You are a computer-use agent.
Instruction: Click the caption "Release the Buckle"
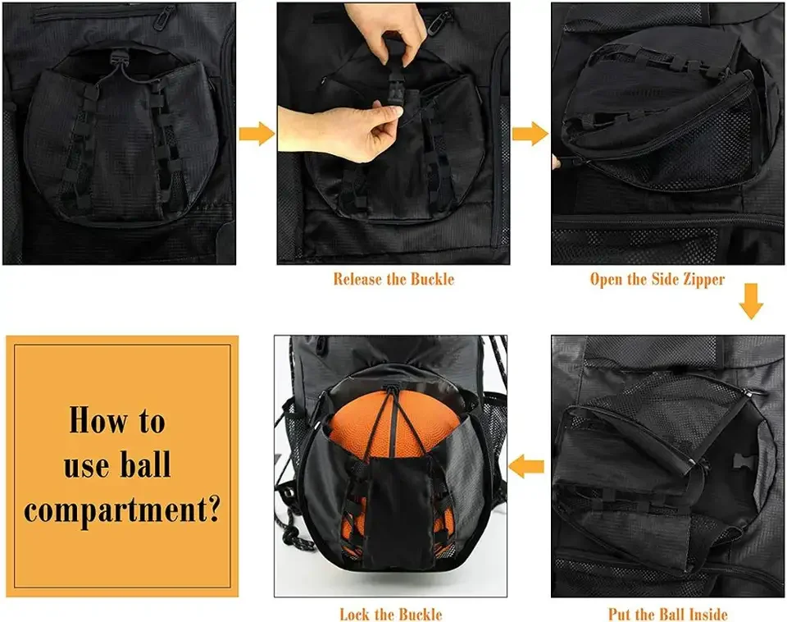point(393,279)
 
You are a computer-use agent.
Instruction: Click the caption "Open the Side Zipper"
point(657,279)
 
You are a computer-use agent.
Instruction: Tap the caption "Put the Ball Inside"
point(667,614)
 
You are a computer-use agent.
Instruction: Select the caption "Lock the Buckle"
point(390,614)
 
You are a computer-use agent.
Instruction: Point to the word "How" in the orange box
point(93,421)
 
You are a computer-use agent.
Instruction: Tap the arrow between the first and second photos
point(256,133)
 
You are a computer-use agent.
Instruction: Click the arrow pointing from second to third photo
point(530,133)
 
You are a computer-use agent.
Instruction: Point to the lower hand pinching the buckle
point(361,131)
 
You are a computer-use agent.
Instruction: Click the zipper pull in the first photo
point(168,14)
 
